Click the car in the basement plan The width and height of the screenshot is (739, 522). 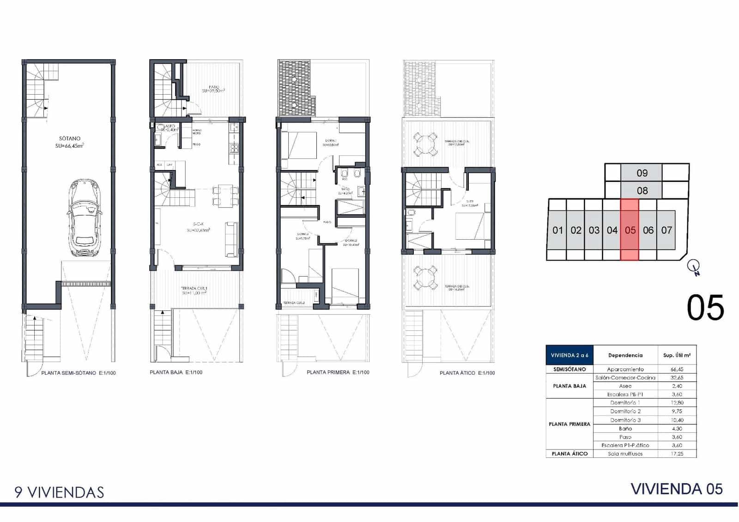(x=85, y=218)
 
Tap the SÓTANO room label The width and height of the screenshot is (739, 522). (x=70, y=139)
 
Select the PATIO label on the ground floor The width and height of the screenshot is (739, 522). (x=213, y=87)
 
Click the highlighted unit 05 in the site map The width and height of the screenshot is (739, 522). (x=630, y=230)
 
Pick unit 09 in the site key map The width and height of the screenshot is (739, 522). (x=642, y=173)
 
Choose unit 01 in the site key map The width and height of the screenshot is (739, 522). (x=557, y=230)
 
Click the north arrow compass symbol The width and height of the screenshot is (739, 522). (x=694, y=267)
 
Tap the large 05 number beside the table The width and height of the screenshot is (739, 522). (x=705, y=308)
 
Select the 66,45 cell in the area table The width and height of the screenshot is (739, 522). (x=677, y=369)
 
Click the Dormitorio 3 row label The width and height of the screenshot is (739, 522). (x=625, y=420)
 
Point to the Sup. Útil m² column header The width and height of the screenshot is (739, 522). (x=677, y=355)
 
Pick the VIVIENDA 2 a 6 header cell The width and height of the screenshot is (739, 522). (x=569, y=355)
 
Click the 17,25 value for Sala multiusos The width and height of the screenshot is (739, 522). (x=677, y=454)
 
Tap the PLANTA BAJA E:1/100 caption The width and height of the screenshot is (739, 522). (x=176, y=372)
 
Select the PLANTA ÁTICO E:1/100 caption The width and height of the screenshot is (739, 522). (x=467, y=373)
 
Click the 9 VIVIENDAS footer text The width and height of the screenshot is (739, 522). (x=59, y=492)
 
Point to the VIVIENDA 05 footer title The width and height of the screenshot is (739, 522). (x=677, y=489)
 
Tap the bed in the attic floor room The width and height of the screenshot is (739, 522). (x=471, y=226)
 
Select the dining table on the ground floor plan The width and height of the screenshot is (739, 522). (x=225, y=195)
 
